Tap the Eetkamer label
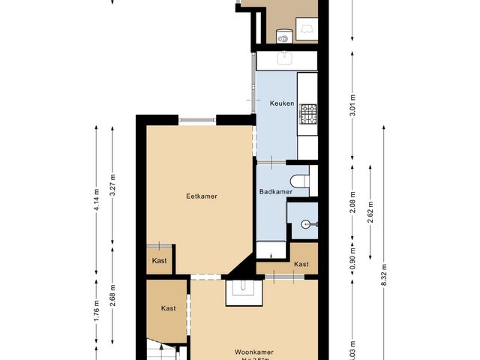202,196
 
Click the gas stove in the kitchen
308,114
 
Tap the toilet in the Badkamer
300,180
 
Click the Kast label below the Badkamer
301,264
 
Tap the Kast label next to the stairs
168,308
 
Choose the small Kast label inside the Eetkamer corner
159,260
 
